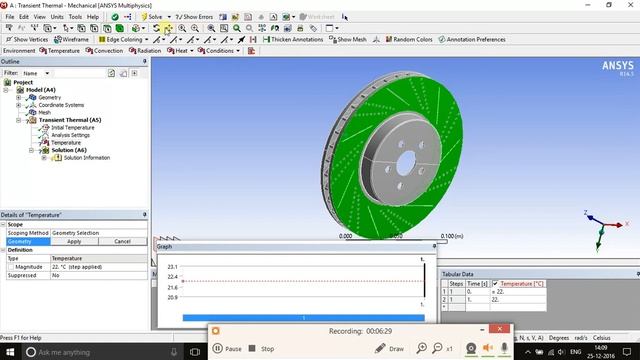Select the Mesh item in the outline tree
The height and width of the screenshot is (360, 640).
tap(44, 112)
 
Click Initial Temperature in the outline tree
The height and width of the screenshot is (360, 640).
tap(72, 128)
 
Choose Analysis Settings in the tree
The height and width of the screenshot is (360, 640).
tap(70, 135)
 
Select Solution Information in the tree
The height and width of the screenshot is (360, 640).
tap(86, 158)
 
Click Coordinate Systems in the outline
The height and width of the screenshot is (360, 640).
tap(61, 105)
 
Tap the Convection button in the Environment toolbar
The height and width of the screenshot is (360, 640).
tap(105, 50)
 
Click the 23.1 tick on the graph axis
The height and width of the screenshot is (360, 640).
tap(172, 267)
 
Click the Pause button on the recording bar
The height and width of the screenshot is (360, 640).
tap(228, 349)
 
